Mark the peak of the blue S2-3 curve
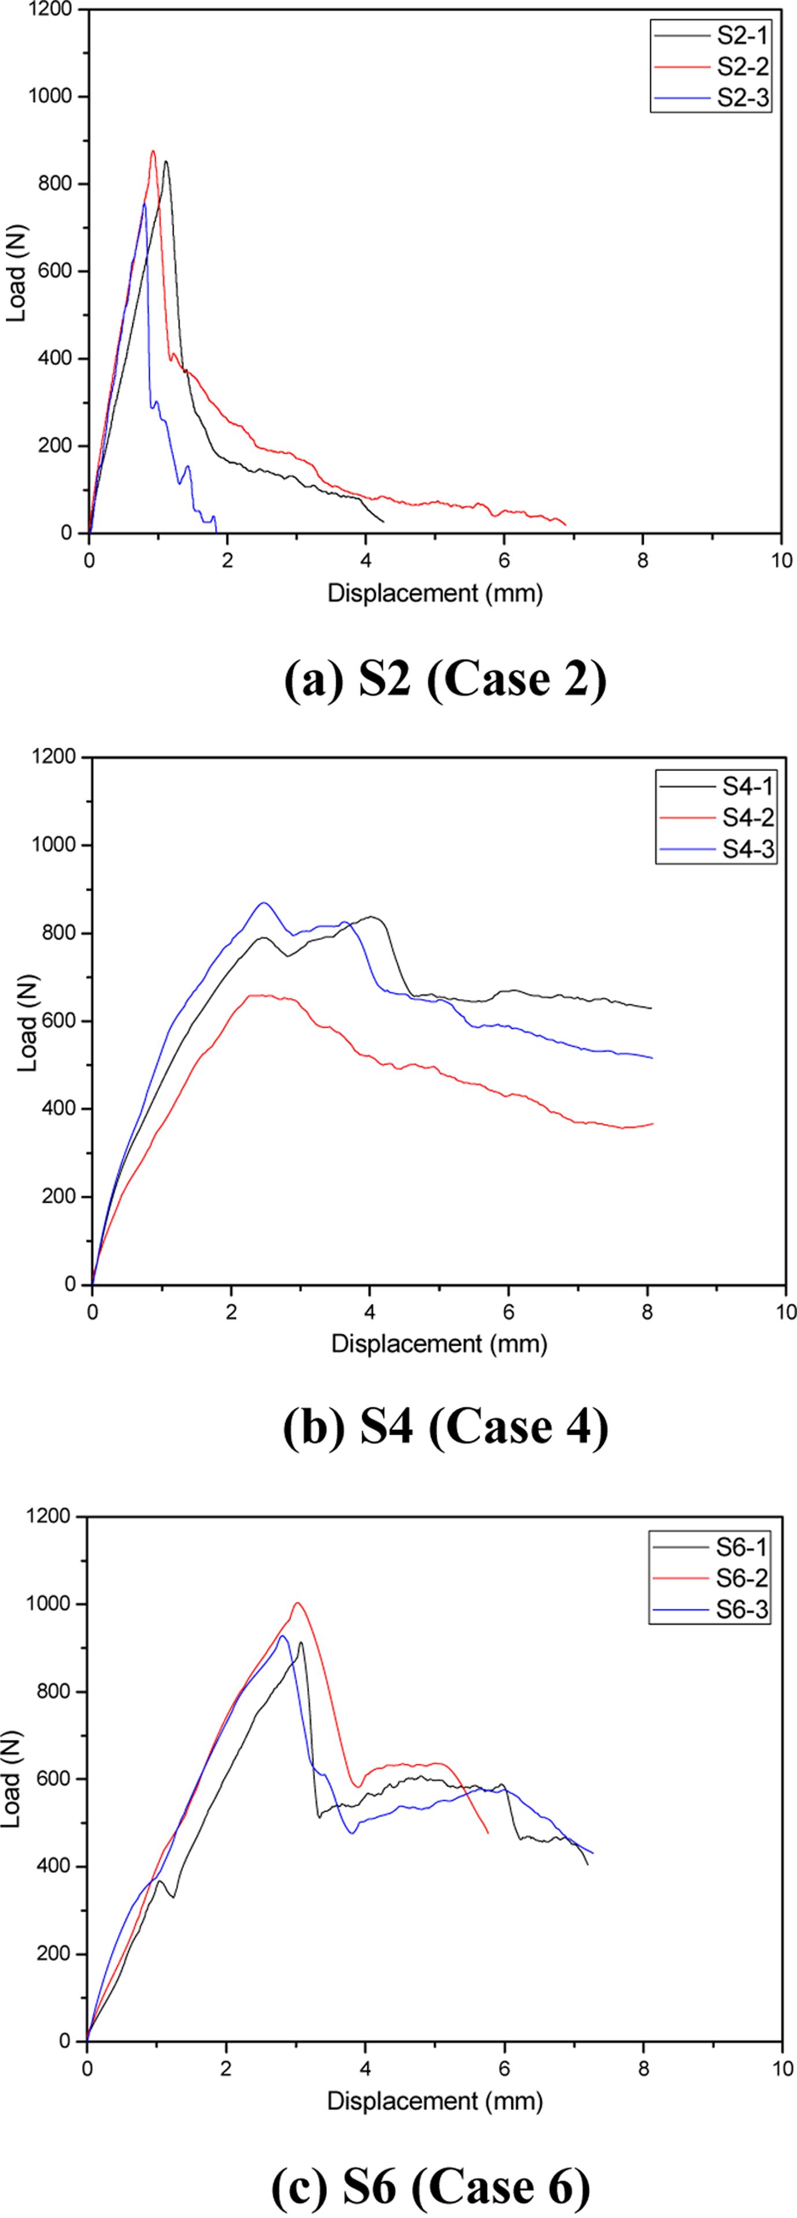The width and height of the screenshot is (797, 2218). pos(144,204)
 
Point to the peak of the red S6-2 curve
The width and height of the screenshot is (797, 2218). pos(298,1602)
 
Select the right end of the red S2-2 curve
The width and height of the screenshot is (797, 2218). pos(566,525)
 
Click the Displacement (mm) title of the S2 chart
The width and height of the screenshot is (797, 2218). pos(435,593)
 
